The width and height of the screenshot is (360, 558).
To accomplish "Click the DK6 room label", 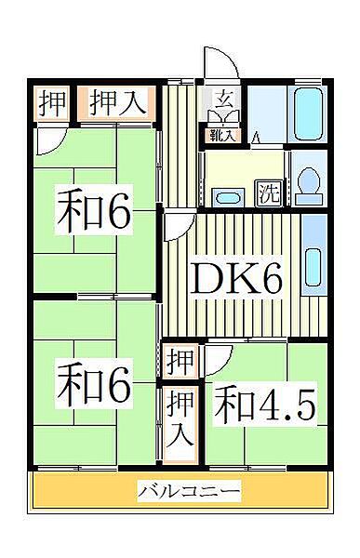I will pyautogui.click(x=235, y=276).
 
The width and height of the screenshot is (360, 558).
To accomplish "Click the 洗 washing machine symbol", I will pyautogui.click(x=269, y=194).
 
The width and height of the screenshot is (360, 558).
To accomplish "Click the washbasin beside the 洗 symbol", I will pyautogui.click(x=225, y=197).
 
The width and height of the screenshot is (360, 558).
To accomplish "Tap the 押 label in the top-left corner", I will pyautogui.click(x=54, y=103).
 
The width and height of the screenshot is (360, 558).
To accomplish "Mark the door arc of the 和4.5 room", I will pyautogui.click(x=217, y=356).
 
